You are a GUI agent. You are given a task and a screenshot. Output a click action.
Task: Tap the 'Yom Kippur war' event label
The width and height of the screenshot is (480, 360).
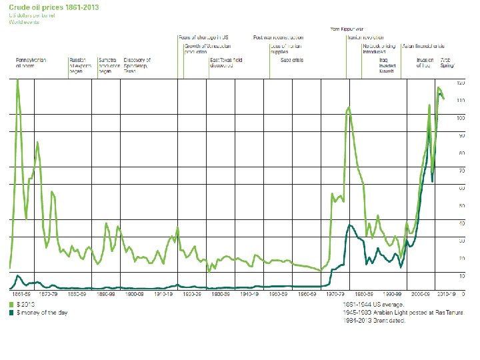(347, 29)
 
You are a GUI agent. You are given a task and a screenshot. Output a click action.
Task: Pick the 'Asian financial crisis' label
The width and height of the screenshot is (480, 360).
(423, 46)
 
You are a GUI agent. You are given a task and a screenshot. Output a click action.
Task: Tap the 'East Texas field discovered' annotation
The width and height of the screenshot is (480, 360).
(226, 63)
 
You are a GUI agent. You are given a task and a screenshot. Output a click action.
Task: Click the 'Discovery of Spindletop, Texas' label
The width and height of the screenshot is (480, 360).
(137, 65)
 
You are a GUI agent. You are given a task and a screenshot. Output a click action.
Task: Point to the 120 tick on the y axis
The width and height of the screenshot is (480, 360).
(460, 83)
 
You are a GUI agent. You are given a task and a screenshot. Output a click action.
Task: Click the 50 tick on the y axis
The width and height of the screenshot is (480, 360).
(460, 205)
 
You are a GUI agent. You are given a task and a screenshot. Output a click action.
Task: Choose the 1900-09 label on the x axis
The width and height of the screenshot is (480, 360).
(134, 293)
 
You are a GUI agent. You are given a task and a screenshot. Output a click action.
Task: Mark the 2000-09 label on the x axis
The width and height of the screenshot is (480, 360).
(421, 293)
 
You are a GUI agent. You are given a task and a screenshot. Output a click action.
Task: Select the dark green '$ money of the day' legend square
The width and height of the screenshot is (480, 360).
(12, 311)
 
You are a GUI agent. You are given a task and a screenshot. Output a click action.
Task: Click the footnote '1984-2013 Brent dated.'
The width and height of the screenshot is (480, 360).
(373, 320)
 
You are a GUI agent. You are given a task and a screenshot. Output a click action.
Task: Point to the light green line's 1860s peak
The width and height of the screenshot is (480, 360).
(17, 81)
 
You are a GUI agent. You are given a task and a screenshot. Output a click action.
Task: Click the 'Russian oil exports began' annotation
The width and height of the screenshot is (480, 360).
(77, 65)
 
